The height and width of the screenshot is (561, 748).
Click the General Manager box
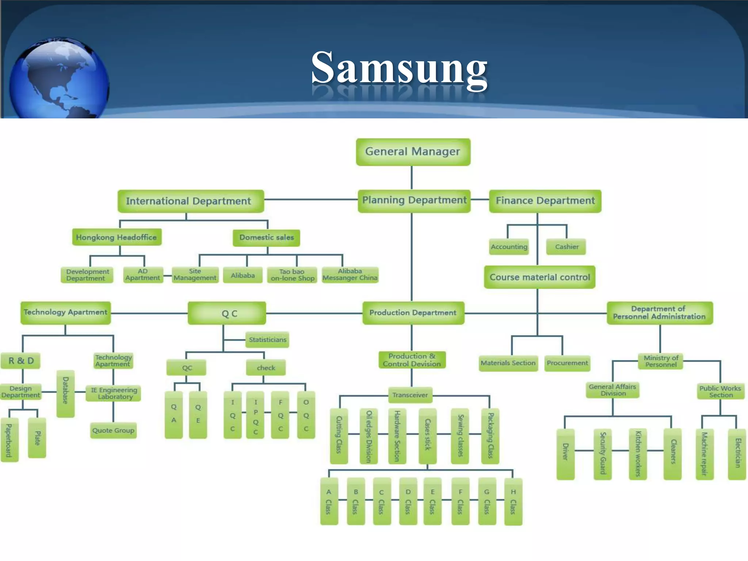(413, 152)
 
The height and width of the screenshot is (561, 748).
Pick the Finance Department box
(545, 201)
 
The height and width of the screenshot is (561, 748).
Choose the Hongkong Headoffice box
(117, 237)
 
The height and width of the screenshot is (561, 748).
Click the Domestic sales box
(266, 237)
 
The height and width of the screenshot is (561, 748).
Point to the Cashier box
(566, 247)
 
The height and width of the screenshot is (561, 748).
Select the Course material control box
(539, 277)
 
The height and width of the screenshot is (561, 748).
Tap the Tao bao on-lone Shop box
(292, 275)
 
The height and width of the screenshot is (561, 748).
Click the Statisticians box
(267, 340)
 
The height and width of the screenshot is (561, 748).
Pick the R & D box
(21, 361)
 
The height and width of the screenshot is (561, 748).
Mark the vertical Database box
(65, 393)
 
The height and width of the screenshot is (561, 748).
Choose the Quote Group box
(113, 430)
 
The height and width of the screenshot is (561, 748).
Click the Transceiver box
(410, 395)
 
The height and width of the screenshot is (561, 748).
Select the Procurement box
(567, 363)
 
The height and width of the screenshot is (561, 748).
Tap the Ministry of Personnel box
(660, 361)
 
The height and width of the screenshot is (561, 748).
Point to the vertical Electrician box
(737, 454)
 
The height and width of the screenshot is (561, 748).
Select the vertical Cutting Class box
(339, 435)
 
